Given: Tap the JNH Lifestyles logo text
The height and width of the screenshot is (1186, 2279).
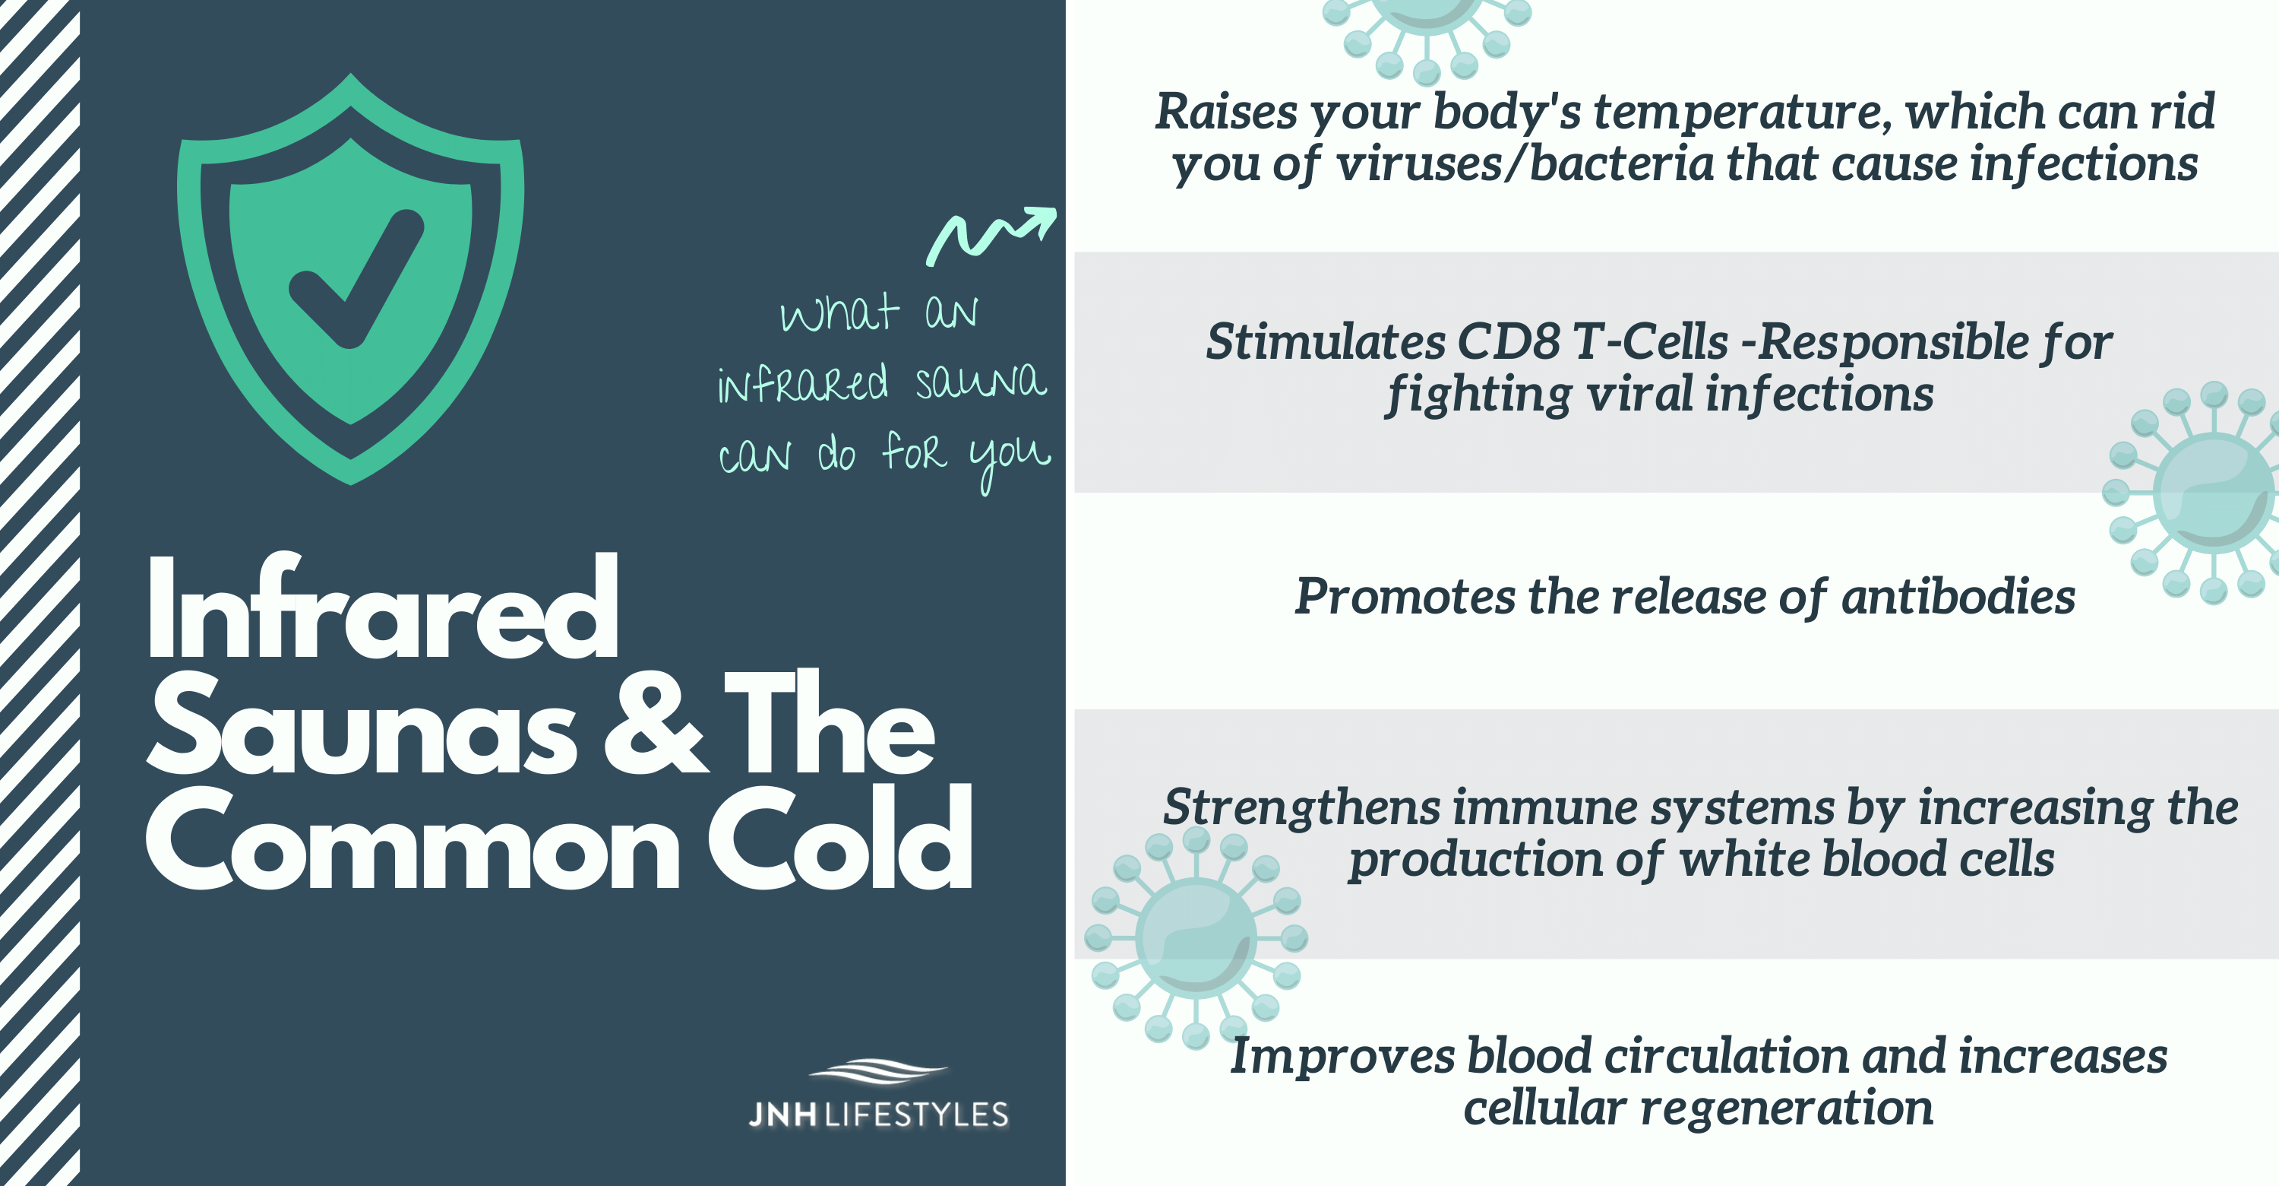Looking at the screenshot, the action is tap(878, 1115).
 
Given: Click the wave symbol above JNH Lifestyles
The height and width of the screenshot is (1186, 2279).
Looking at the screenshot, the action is tap(878, 1071).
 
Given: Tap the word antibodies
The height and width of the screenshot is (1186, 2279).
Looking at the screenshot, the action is tap(1958, 597).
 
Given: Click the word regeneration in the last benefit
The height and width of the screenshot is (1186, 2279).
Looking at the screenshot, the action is tap(1786, 1110).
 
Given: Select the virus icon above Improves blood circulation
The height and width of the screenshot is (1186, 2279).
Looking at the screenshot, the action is tap(1196, 937).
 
